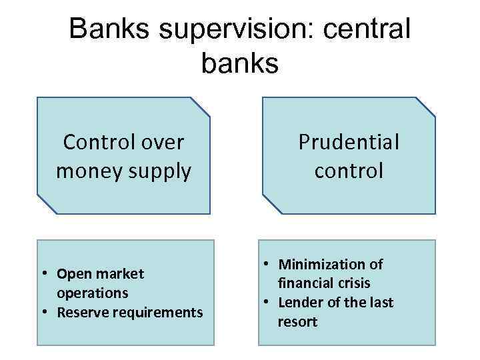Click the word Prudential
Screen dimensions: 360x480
point(349,142)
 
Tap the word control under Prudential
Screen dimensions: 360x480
point(349,171)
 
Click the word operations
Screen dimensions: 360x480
point(93,293)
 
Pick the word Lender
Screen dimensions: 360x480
point(300,303)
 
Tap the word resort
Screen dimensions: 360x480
point(297,322)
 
